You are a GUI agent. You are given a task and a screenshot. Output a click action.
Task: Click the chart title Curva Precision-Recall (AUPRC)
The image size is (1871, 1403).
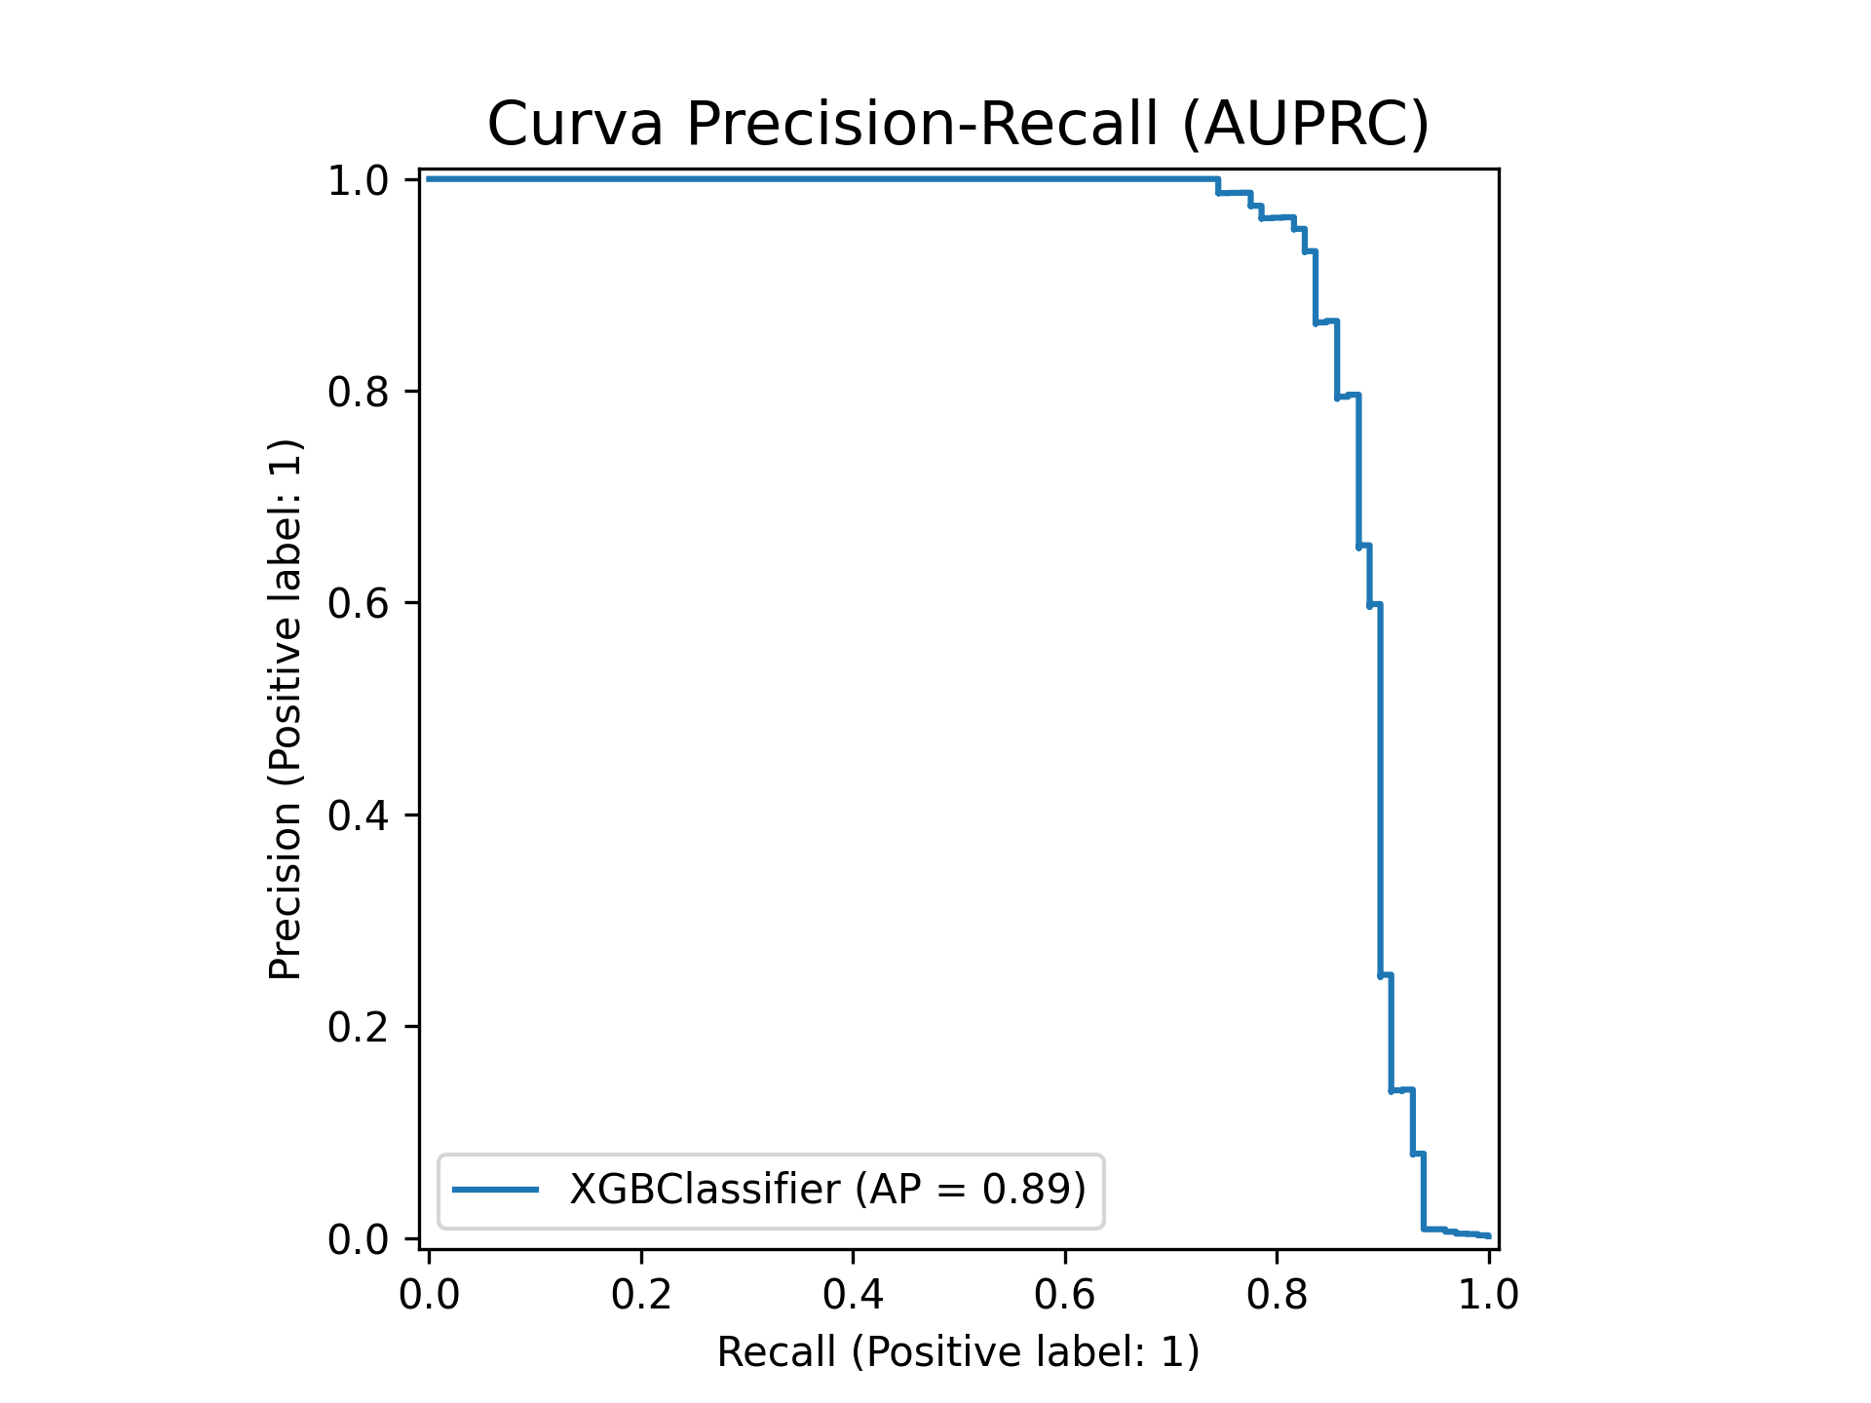point(958,125)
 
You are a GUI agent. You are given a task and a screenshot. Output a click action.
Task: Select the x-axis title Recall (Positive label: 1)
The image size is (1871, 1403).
point(958,1352)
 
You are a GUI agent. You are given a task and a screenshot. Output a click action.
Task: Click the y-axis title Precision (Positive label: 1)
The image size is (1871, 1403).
point(286,709)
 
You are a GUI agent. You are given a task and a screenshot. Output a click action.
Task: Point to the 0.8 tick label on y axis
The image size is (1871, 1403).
point(359,392)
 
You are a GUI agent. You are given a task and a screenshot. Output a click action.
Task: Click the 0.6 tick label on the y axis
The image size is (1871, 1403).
point(359,603)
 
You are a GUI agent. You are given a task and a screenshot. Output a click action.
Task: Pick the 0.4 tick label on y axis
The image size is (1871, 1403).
point(359,815)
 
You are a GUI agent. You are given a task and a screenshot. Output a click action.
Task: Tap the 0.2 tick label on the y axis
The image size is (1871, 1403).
point(359,1027)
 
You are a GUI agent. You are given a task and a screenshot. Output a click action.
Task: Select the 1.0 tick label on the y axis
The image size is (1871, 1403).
point(359,180)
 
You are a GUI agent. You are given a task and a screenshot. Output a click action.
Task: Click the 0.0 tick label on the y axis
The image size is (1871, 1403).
point(359,1238)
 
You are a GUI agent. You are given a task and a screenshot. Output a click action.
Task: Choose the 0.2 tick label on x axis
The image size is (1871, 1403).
point(641,1294)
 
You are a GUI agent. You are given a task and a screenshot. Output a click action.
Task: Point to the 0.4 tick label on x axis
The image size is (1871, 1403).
point(853,1294)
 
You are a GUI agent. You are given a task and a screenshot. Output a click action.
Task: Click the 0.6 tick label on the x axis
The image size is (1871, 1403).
point(1065,1294)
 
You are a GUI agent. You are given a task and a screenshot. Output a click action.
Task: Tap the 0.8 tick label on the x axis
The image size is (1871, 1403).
point(1277,1294)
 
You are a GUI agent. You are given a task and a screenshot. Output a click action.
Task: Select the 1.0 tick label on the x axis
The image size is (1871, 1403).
point(1488,1294)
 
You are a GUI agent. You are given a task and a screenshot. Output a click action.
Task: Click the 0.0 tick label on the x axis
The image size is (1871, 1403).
point(429,1294)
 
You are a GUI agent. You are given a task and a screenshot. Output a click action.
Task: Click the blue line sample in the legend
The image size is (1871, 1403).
point(496,1189)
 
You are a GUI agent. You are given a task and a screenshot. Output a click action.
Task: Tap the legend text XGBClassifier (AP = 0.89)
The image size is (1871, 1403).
point(826,1189)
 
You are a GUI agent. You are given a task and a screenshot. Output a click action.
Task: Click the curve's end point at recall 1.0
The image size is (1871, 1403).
point(1488,1235)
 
